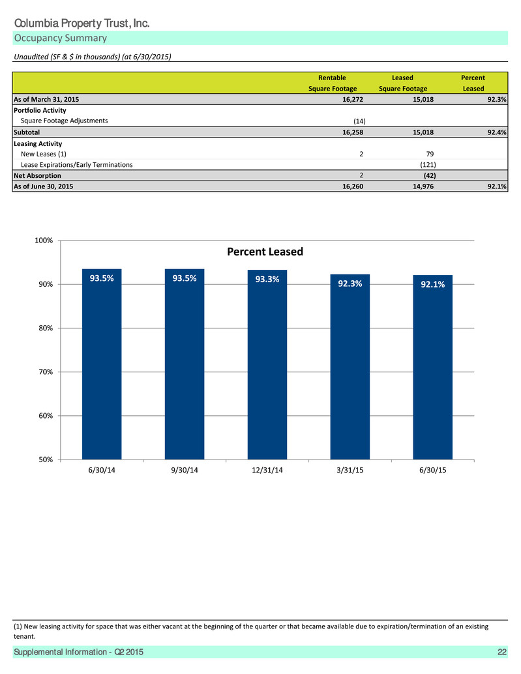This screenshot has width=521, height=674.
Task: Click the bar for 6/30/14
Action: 102,364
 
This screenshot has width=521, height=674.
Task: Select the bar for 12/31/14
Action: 267,364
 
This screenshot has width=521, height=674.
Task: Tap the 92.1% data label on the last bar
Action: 433,284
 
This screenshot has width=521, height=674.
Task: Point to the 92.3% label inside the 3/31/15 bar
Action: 350,284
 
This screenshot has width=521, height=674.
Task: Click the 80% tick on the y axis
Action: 44,328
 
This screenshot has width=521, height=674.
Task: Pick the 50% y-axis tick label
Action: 44,460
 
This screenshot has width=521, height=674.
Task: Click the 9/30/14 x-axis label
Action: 185,470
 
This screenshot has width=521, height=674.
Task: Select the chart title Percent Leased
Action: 265,252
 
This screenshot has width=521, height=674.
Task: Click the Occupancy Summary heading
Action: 61,38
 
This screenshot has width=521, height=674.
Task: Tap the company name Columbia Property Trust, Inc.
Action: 82,23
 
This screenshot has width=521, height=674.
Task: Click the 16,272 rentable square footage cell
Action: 353,99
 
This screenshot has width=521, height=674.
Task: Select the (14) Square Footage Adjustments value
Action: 359,121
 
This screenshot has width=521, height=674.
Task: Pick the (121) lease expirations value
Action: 428,165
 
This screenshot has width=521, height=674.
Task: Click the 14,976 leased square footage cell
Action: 423,186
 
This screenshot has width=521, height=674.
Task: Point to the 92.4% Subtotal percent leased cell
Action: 496,132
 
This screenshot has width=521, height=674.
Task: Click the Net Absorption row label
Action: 37,175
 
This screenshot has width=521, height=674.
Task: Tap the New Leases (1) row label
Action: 44,154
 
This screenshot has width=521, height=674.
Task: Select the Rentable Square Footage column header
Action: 333,83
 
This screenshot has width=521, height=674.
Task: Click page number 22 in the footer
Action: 501,652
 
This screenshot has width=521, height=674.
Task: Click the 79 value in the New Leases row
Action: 430,154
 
